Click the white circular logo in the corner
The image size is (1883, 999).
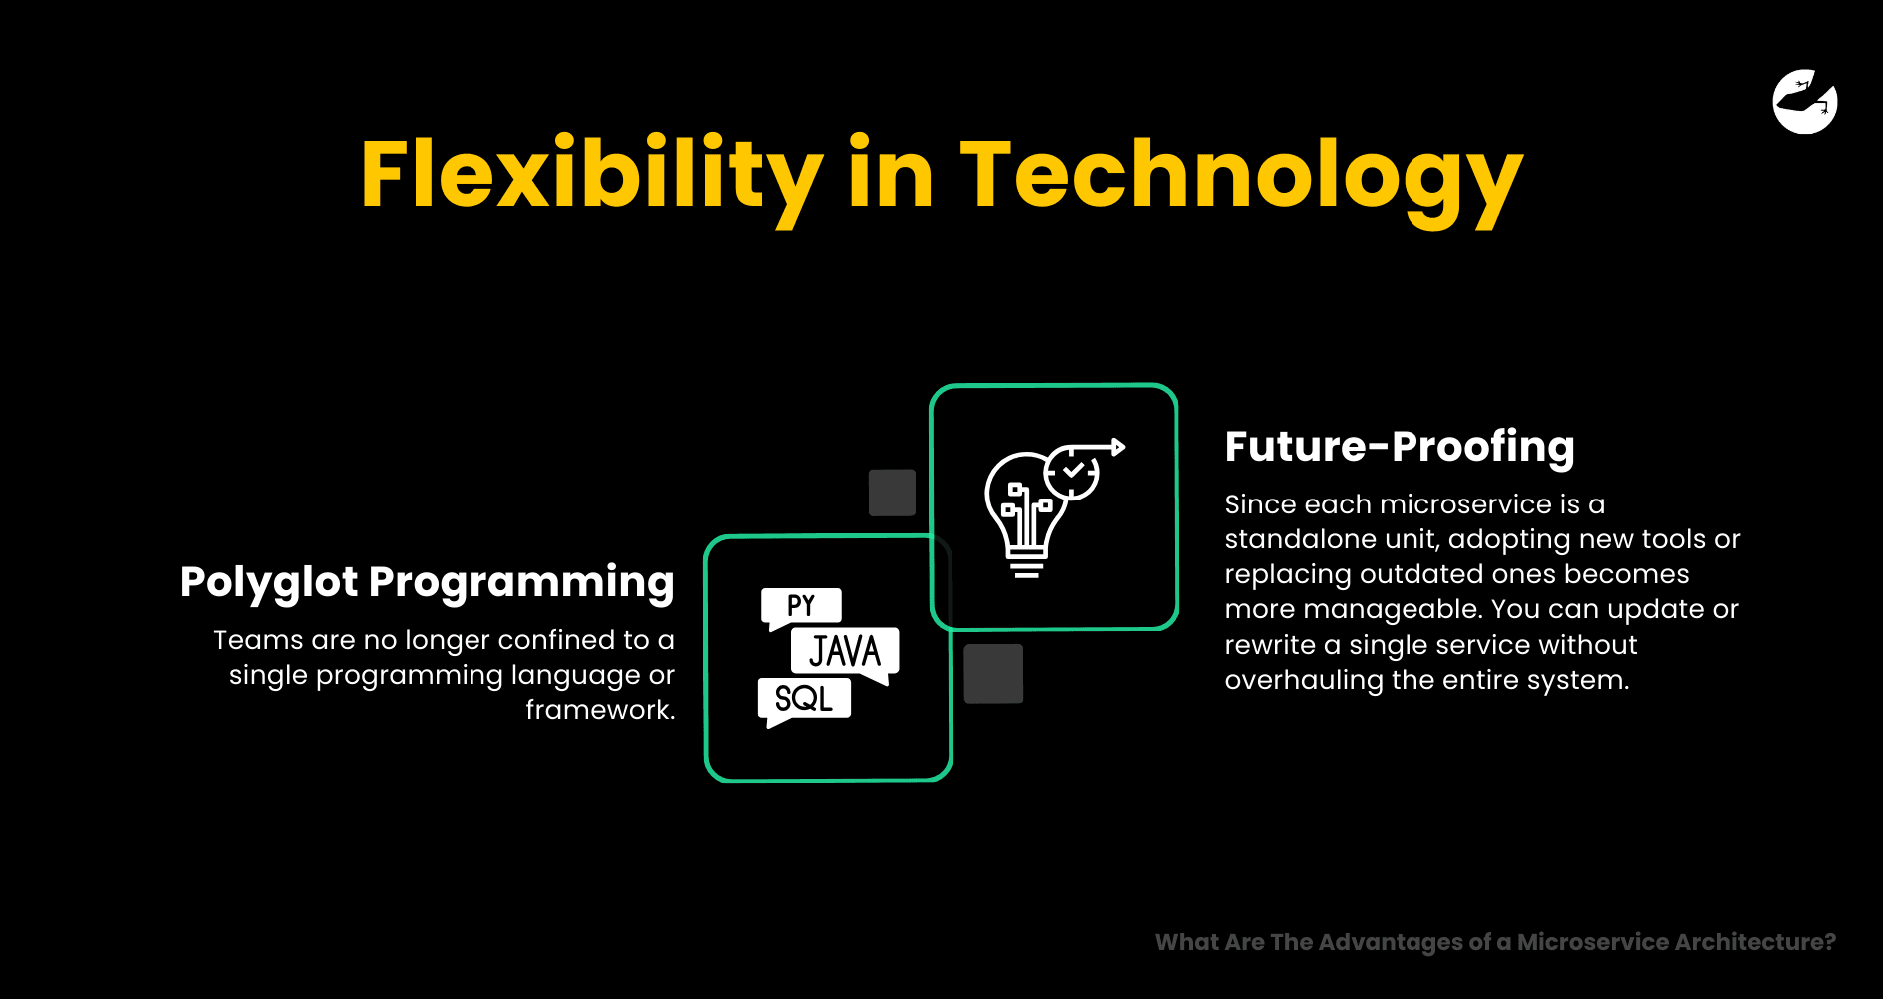(x=1805, y=101)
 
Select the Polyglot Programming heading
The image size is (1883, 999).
(x=428, y=583)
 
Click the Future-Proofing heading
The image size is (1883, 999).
(x=1400, y=447)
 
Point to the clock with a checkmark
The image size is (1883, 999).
(x=1072, y=471)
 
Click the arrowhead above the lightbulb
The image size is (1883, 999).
(x=1119, y=447)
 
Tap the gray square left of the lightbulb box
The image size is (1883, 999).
(x=892, y=493)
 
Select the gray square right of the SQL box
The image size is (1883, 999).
(x=993, y=674)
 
